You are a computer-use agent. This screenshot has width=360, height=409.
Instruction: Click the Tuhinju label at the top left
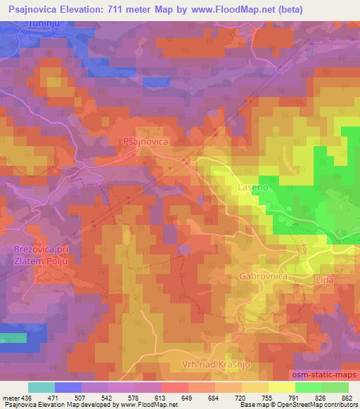(x=35, y=23)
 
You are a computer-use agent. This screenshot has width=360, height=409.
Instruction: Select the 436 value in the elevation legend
(x=27, y=398)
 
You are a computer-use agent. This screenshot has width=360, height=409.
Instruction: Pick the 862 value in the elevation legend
(x=347, y=398)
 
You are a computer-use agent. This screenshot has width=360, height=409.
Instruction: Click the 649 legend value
(x=186, y=398)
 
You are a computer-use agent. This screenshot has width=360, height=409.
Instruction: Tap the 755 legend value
(x=266, y=398)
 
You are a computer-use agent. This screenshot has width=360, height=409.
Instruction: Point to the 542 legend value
(x=107, y=398)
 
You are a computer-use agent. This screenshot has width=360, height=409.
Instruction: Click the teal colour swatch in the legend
(x=41, y=387)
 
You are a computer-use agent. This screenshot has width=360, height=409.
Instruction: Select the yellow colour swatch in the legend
(x=281, y=387)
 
